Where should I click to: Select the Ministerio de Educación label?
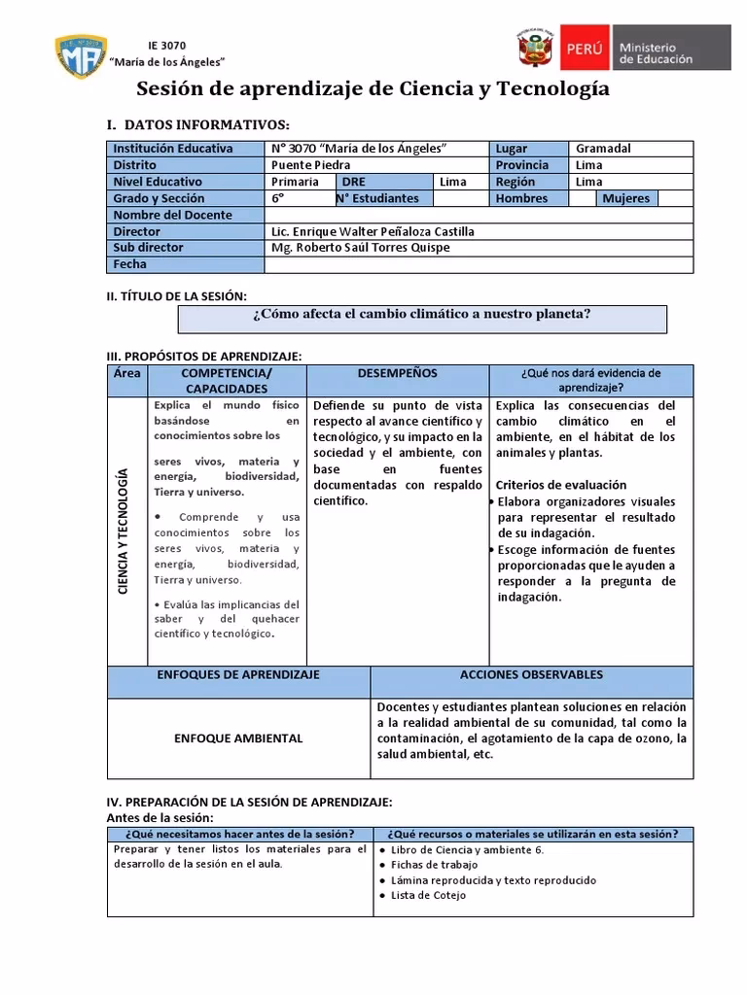(x=656, y=52)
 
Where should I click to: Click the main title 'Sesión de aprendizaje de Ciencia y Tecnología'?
(x=373, y=90)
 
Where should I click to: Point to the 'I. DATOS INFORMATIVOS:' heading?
(x=197, y=125)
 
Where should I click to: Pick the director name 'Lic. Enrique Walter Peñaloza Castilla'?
(x=373, y=231)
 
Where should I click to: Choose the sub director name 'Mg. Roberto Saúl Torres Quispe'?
(x=361, y=248)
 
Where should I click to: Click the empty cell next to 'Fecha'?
(x=479, y=264)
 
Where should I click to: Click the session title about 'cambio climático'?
(x=422, y=314)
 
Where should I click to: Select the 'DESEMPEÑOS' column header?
(x=397, y=373)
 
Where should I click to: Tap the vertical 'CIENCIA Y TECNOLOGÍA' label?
(x=124, y=532)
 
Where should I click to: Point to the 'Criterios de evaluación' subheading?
(x=561, y=485)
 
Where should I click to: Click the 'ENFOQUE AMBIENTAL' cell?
(x=238, y=738)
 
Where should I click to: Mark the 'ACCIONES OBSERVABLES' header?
(x=531, y=674)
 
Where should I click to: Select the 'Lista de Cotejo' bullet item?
(x=428, y=896)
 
